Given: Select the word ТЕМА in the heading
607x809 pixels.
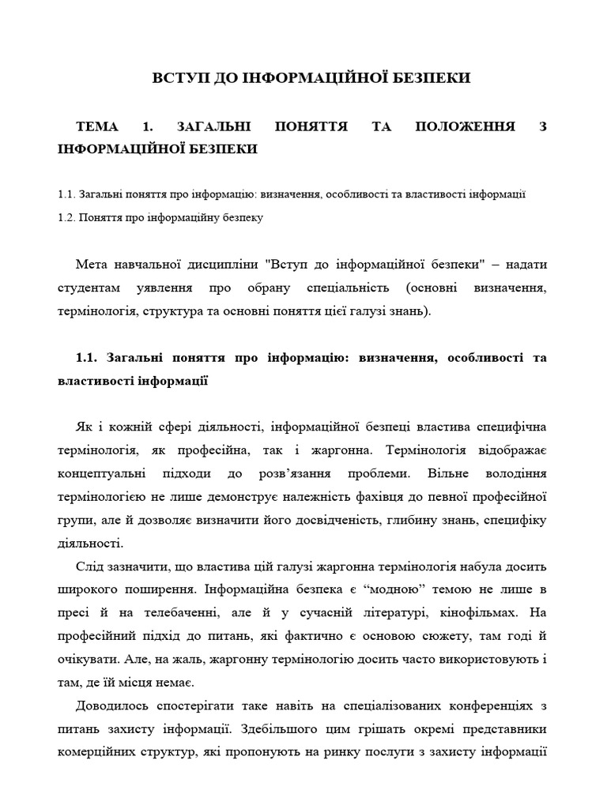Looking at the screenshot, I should pos(98,126).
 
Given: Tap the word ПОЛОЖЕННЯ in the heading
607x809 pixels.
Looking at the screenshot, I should pos(466,126).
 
